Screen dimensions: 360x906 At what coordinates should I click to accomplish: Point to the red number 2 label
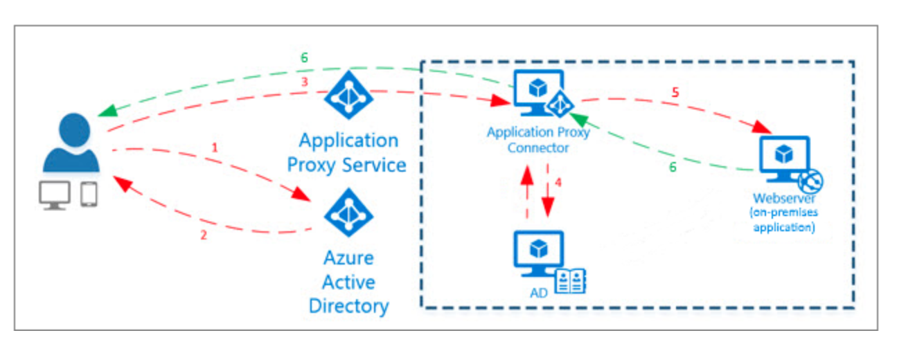(x=204, y=235)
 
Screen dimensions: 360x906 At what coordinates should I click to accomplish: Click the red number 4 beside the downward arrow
(x=558, y=184)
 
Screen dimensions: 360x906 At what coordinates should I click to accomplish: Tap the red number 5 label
(x=675, y=92)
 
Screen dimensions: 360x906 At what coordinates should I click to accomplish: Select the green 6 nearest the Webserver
(x=671, y=166)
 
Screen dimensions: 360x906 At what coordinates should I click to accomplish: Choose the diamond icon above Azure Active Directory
(x=348, y=213)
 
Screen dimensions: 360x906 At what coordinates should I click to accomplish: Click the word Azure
(x=348, y=258)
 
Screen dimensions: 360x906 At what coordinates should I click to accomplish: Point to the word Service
(x=378, y=165)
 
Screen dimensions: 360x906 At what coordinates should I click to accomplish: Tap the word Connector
(x=537, y=147)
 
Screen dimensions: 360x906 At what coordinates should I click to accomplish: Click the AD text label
(x=537, y=292)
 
